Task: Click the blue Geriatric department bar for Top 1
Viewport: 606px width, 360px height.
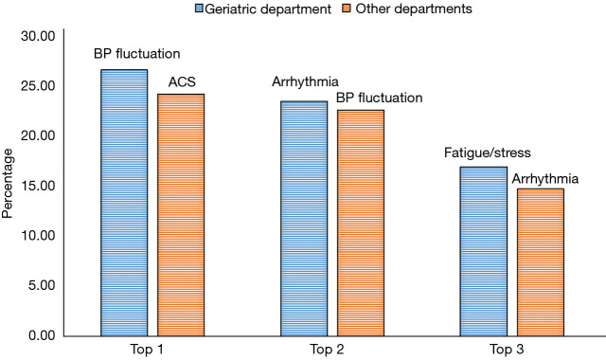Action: [x=124, y=203]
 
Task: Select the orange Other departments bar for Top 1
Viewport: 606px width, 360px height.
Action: [x=181, y=215]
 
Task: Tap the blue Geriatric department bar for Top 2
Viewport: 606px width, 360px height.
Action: [x=304, y=219]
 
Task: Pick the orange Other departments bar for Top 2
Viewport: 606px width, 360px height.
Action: [x=361, y=223]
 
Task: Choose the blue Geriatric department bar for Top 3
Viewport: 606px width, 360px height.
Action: [x=484, y=251]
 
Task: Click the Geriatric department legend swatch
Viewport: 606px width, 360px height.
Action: [x=187, y=9]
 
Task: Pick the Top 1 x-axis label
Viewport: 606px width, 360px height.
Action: [x=152, y=350]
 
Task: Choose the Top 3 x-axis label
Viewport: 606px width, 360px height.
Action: [x=512, y=350]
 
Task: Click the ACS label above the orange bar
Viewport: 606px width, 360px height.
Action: [x=182, y=82]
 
